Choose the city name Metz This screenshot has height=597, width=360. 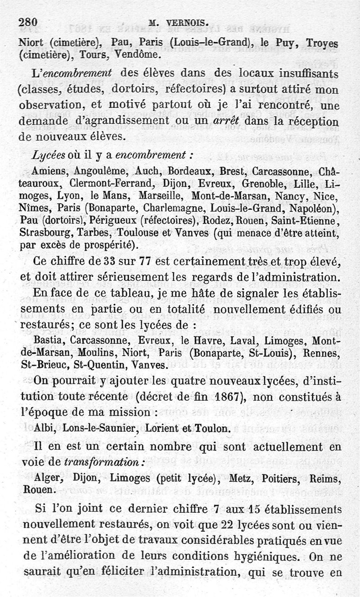(243, 478)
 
